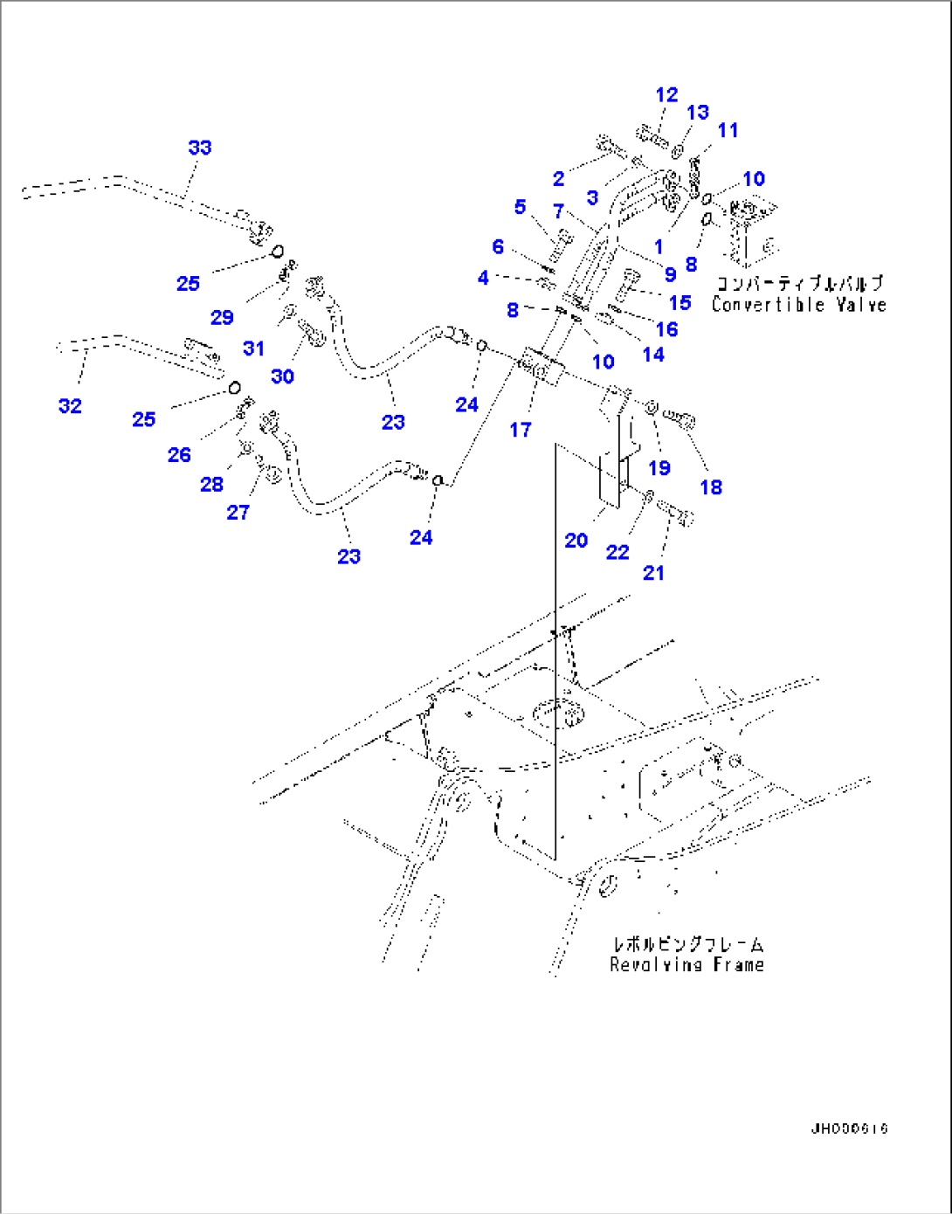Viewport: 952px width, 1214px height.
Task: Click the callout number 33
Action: [200, 148]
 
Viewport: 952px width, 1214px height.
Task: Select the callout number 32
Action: [70, 406]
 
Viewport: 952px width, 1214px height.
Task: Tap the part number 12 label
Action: [666, 95]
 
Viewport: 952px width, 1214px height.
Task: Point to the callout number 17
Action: [521, 430]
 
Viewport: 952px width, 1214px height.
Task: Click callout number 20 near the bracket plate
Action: [576, 541]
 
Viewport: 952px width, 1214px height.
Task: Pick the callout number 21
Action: [653, 573]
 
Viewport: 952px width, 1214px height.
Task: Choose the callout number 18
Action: [711, 487]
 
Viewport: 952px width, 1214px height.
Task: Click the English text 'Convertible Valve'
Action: [798, 305]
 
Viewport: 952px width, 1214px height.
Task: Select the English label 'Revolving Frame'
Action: [686, 965]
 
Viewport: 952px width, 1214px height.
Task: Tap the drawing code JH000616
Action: [849, 1128]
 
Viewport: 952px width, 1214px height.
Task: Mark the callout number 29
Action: [222, 317]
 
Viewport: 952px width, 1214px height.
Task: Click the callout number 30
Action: [282, 376]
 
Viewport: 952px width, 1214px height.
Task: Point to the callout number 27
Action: [238, 513]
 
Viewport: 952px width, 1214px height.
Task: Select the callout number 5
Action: [520, 207]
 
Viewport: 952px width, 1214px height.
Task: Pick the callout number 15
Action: [680, 302]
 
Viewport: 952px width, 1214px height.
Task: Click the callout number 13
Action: [698, 113]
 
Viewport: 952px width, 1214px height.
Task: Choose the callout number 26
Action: [179, 454]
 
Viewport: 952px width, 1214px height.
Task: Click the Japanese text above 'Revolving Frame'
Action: [687, 944]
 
